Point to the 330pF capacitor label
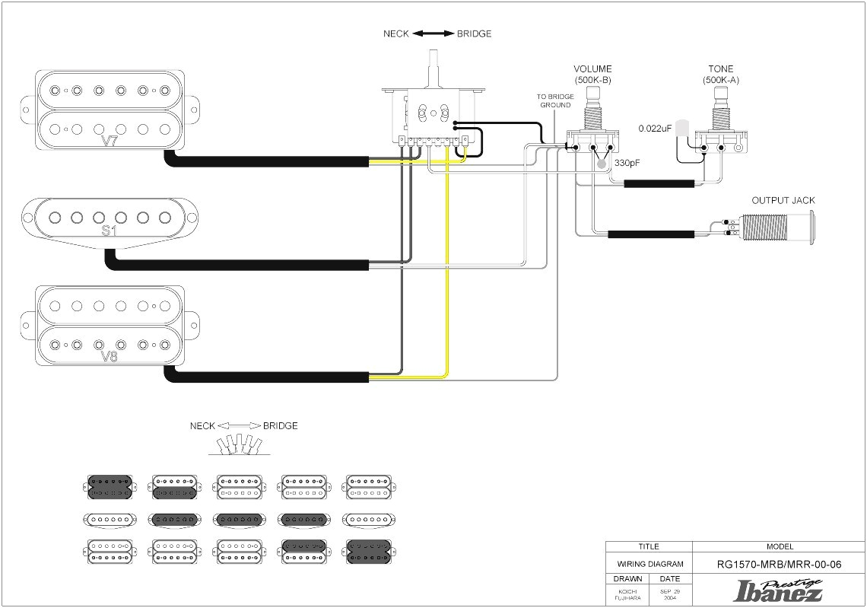click(x=629, y=163)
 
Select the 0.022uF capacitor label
click(x=655, y=128)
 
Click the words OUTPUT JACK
click(x=783, y=201)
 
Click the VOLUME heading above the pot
click(x=592, y=69)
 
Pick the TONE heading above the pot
click(x=720, y=69)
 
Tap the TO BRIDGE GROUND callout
click(x=554, y=100)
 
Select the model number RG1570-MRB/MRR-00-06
click(x=780, y=565)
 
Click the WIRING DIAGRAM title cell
click(x=649, y=565)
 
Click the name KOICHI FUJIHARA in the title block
click(x=627, y=594)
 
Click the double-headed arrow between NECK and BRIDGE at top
click(x=433, y=33)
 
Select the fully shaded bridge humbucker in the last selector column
click(x=368, y=551)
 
